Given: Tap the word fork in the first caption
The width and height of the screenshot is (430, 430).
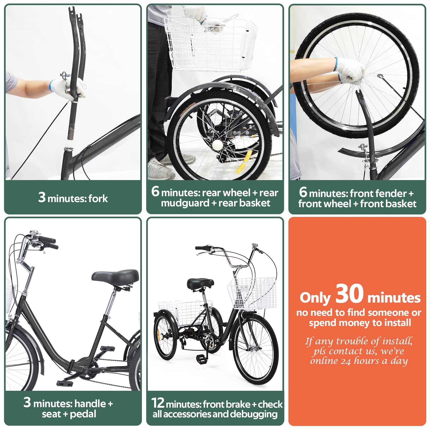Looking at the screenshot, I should [x=98, y=199].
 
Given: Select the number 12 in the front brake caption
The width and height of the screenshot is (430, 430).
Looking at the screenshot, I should [x=158, y=403].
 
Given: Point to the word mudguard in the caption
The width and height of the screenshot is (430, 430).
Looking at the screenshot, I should [x=185, y=203].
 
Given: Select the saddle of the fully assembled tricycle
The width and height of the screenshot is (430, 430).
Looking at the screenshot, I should [x=200, y=284].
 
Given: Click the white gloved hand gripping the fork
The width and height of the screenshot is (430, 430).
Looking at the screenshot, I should [x=77, y=89].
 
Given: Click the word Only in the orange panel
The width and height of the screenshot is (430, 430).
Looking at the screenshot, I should [x=315, y=298].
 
